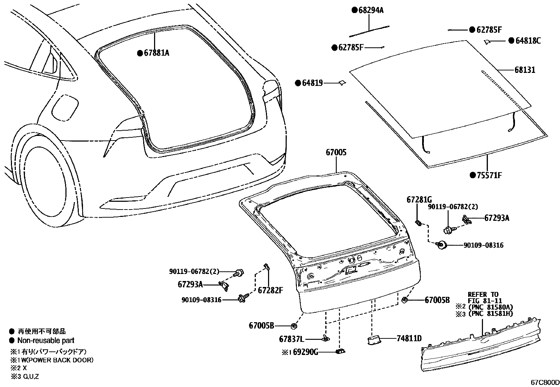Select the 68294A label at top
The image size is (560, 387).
tap(371, 10)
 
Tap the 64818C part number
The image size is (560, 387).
tap(528, 41)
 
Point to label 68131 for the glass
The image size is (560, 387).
tap(525, 70)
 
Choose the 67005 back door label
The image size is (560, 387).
tap(336, 152)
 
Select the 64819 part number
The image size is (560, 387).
tap(312, 83)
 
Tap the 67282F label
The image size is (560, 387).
tap(271, 291)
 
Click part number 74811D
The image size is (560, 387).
tap(409, 338)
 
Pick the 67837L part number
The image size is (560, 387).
tap(291, 339)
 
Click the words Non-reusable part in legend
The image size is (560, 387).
tap(46, 341)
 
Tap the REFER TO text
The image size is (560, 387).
tap(483, 294)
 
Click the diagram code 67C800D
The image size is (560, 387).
tap(545, 382)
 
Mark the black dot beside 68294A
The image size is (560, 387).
tap(355, 10)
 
